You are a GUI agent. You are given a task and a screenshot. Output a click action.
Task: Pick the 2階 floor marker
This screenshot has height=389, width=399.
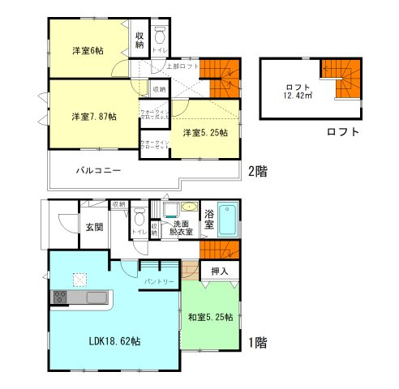257,171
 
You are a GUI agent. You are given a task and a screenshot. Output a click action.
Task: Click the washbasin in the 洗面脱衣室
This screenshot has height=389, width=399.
188,207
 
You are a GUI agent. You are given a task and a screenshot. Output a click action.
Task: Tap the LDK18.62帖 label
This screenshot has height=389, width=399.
114,342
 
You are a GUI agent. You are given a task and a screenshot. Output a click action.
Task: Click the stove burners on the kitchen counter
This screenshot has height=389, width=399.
61,297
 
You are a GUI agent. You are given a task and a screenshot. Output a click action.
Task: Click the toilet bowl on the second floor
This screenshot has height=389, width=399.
160,36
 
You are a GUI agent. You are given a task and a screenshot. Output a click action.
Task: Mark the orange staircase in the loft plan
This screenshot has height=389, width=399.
341,76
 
